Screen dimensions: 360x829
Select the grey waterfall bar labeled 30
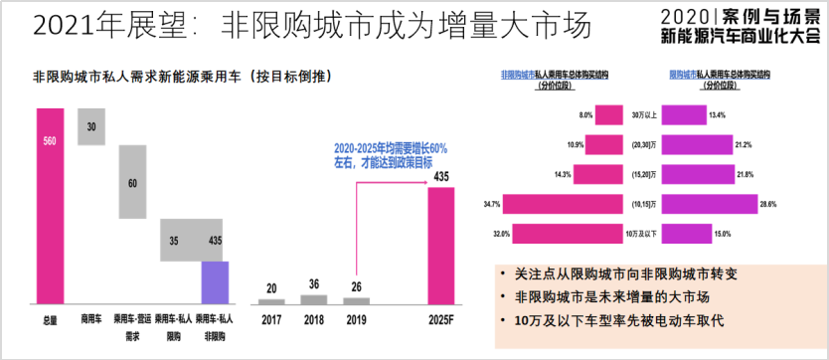click(90, 127)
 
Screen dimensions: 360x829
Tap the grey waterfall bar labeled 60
click(132, 182)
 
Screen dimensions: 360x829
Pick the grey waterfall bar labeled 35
click(174, 241)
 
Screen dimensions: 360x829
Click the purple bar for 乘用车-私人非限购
click(215, 282)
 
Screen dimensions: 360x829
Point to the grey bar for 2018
click(313, 299)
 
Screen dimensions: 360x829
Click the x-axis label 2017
click(271, 321)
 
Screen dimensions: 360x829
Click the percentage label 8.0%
click(586, 116)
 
